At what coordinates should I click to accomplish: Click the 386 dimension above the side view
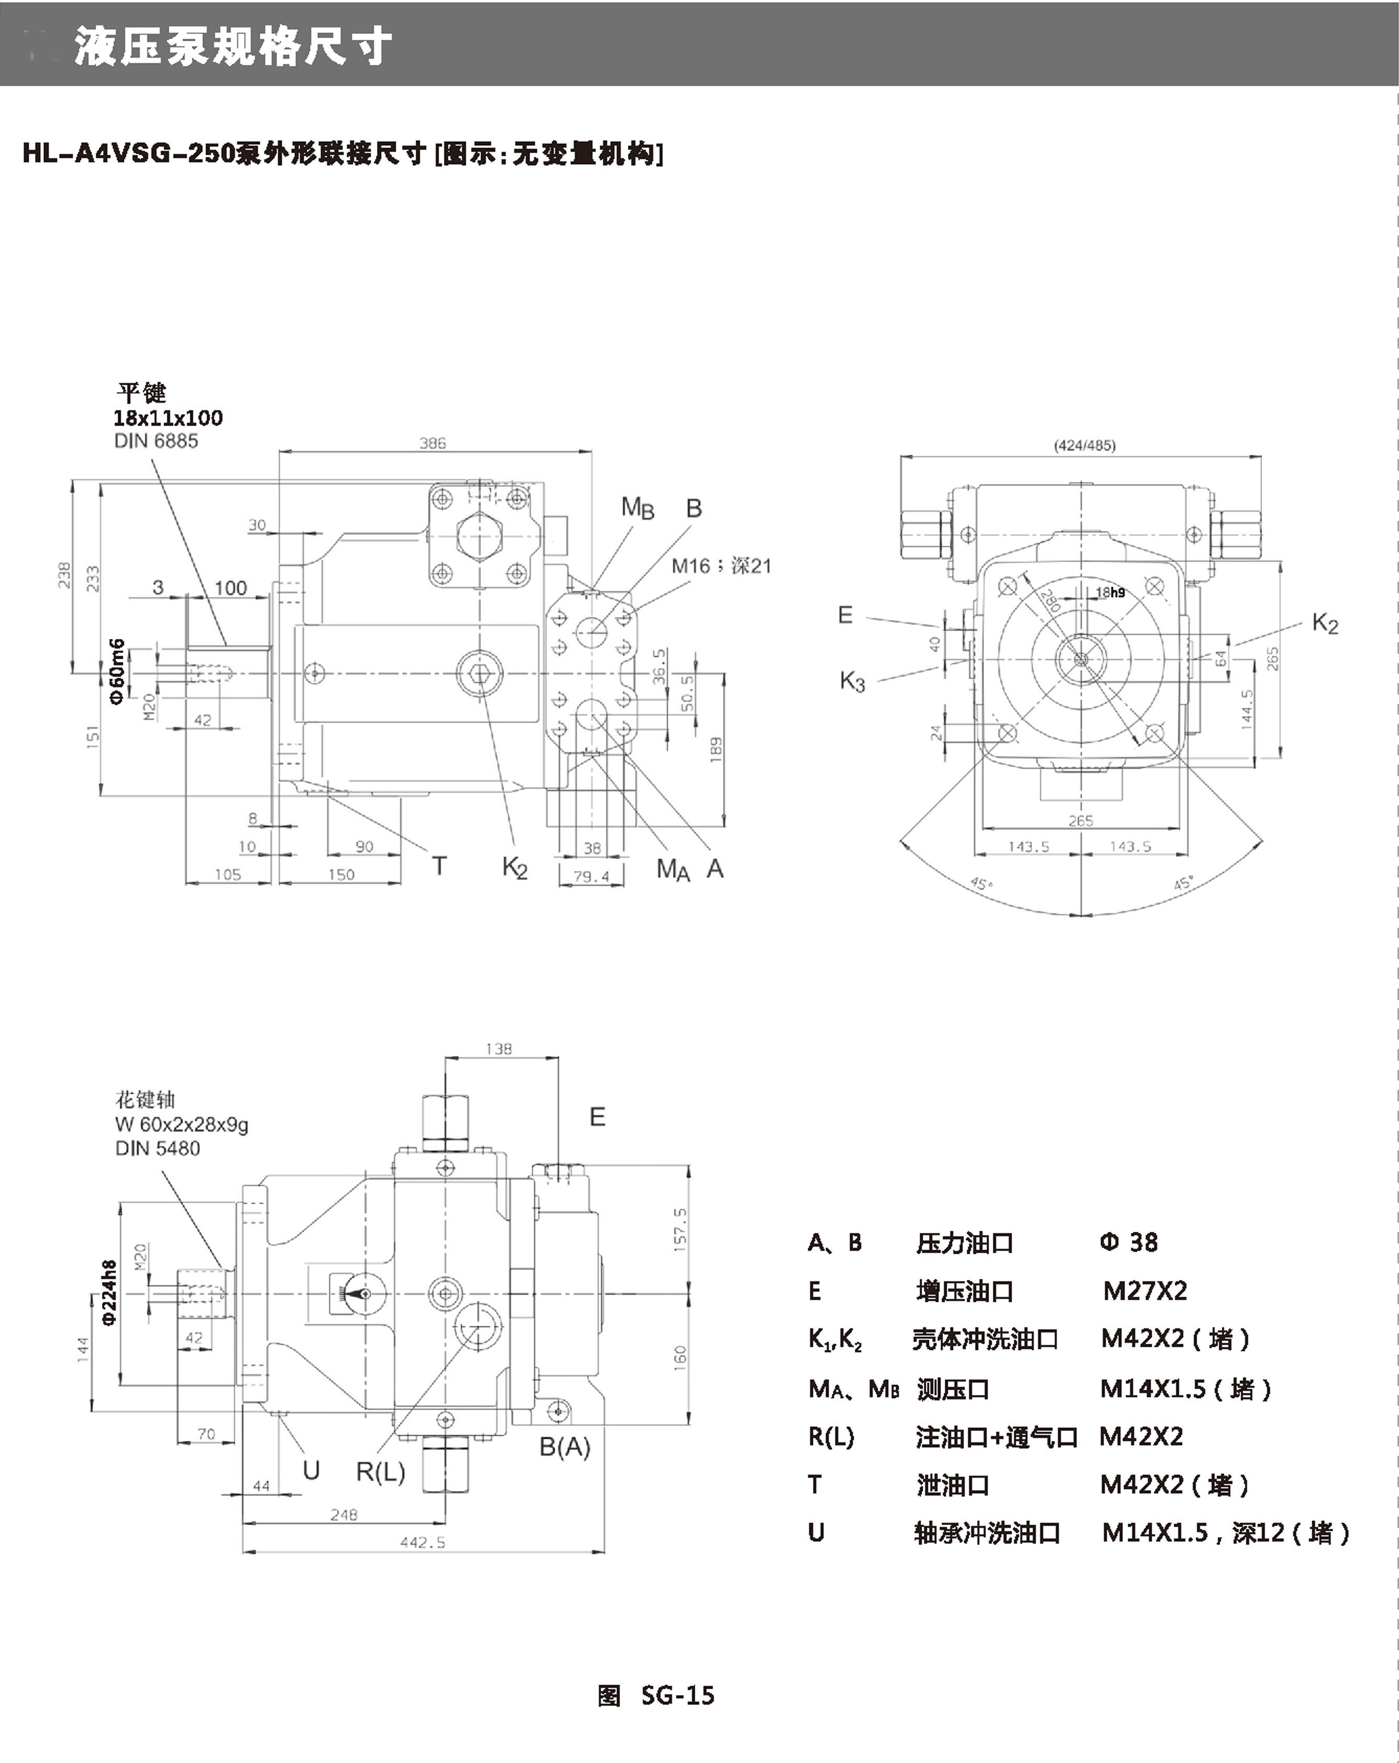click(432, 443)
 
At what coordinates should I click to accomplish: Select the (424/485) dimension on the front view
click(1084, 445)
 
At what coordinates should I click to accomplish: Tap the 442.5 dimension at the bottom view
click(423, 1542)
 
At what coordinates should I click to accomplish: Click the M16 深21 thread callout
click(721, 566)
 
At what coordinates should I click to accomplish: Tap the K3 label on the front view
click(852, 680)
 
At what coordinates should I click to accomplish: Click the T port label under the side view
click(439, 865)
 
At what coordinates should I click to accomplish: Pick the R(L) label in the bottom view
click(380, 1472)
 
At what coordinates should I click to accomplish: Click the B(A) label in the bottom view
click(564, 1447)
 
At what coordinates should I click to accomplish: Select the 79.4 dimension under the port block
click(591, 877)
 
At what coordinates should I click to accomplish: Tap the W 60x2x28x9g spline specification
click(181, 1125)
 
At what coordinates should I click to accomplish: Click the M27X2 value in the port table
click(1145, 1291)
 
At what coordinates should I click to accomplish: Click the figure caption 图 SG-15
click(656, 1696)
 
